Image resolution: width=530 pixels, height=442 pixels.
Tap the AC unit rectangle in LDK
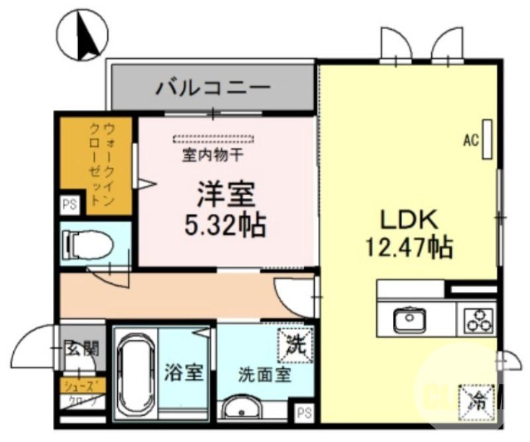[488, 139]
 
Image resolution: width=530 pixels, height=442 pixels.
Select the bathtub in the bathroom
[136, 373]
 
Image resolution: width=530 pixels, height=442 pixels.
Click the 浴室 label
[184, 373]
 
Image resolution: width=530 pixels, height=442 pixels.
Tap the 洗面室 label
[264, 375]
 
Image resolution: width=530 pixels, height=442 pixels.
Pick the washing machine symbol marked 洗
[293, 344]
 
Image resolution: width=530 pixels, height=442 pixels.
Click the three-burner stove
[479, 319]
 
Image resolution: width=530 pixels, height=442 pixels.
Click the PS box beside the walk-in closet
[70, 205]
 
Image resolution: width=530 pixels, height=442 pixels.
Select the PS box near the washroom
[304, 412]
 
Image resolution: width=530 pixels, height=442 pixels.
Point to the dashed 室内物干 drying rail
[214, 139]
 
